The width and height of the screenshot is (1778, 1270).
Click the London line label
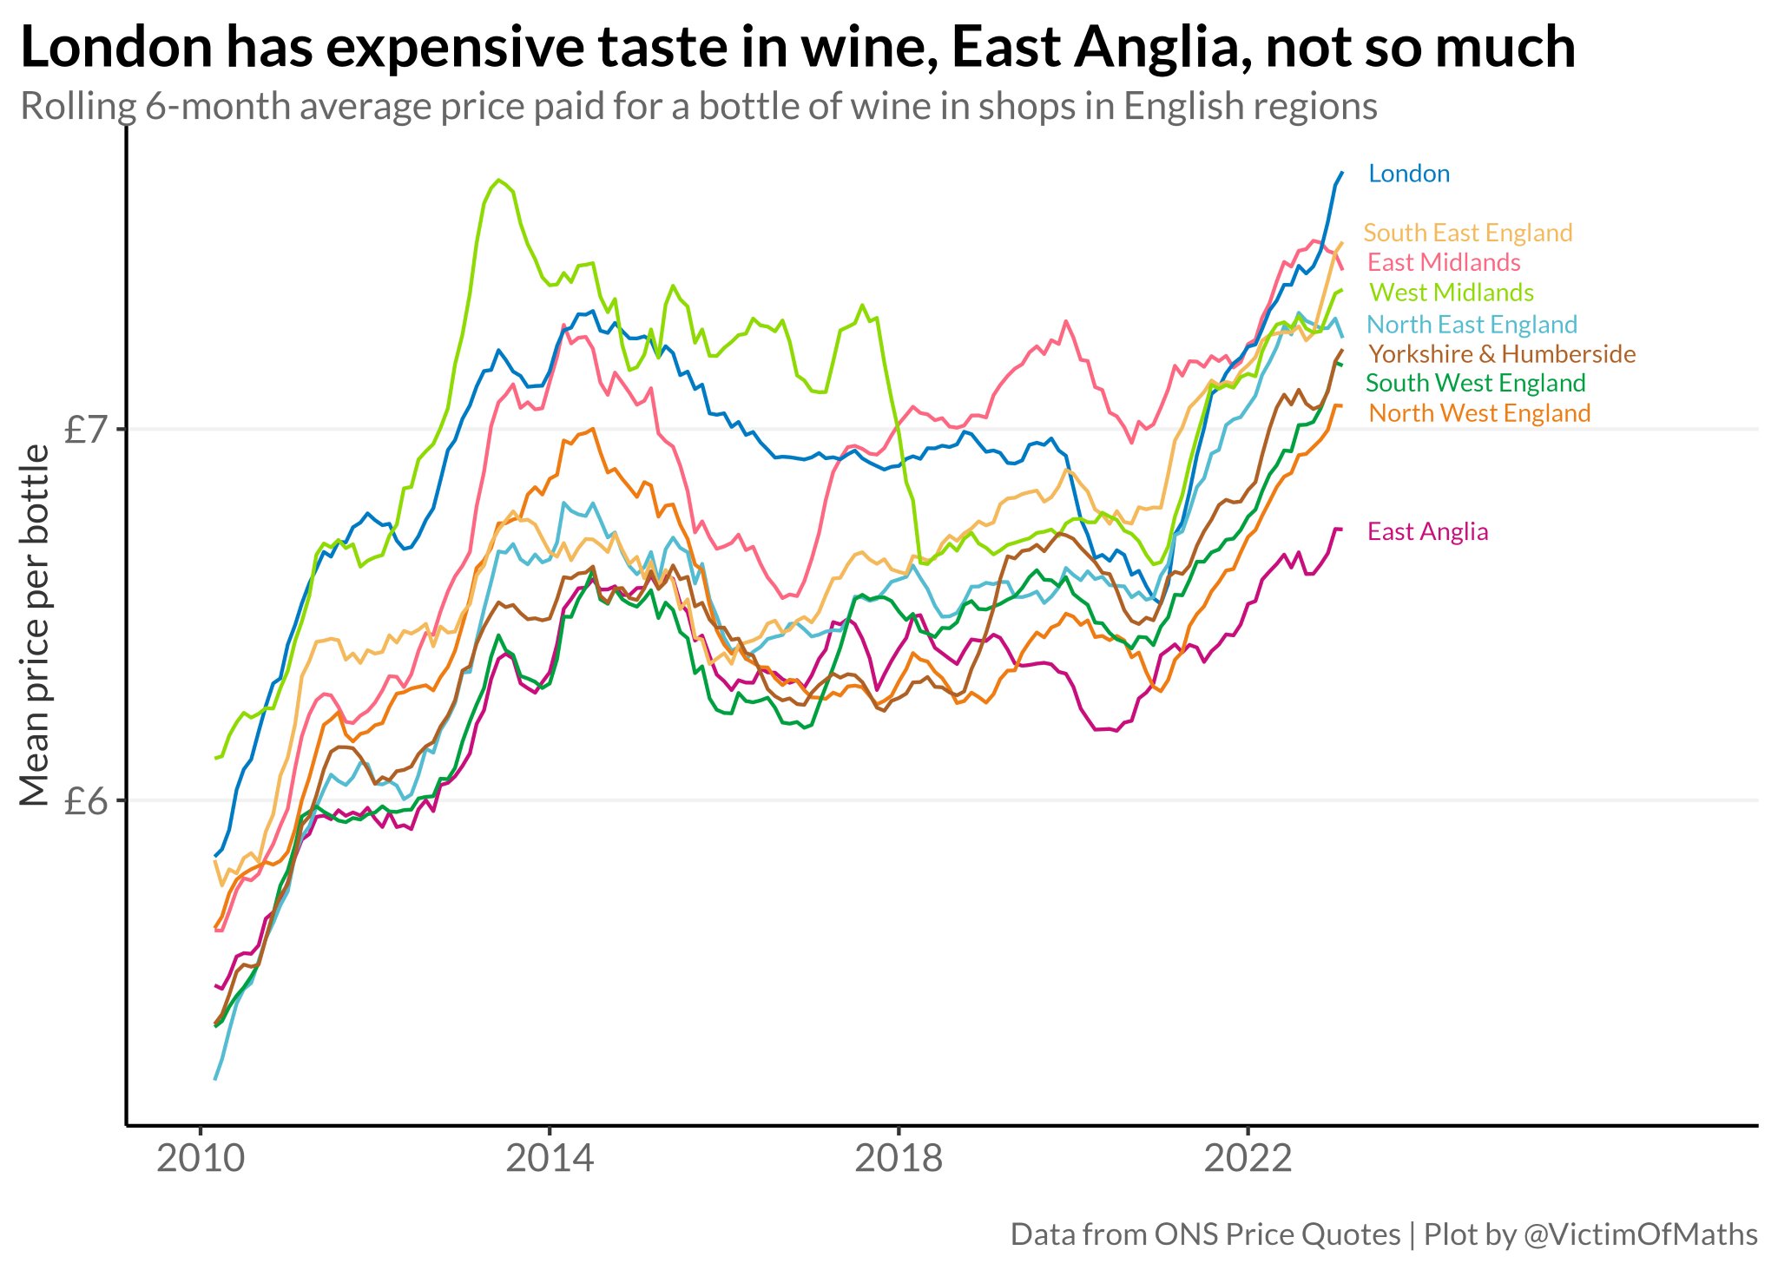[1408, 174]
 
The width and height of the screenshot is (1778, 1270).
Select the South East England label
[1467, 233]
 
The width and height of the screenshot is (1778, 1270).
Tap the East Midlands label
[1443, 262]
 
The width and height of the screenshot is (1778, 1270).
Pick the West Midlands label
[1451, 293]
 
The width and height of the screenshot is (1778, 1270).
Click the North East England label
[1472, 325]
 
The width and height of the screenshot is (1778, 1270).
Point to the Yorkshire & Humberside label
[1501, 354]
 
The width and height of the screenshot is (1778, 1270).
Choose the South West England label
[1475, 383]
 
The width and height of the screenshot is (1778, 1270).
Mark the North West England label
[1478, 413]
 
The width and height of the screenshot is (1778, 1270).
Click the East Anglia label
[1427, 531]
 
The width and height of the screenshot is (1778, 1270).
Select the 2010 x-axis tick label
[201, 1159]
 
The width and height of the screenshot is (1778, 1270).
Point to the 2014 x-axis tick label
[550, 1159]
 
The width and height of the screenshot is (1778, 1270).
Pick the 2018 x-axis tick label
[899, 1159]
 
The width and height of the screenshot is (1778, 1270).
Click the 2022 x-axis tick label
[1248, 1159]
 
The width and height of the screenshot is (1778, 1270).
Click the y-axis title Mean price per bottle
[35, 625]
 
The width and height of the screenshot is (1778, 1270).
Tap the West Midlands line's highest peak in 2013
[498, 181]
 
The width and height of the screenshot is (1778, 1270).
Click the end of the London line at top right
[1341, 173]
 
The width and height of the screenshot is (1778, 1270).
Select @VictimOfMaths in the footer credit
[1641, 1234]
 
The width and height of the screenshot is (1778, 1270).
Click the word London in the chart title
[115, 47]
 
